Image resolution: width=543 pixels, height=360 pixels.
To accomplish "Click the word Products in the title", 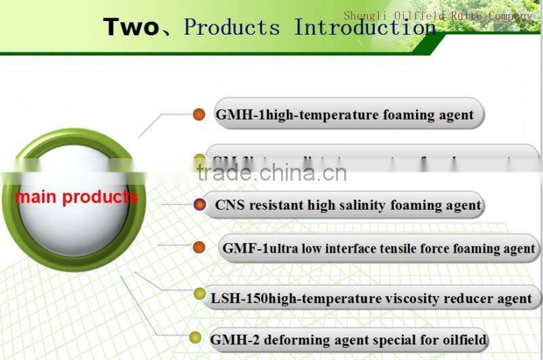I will [x=231, y=27].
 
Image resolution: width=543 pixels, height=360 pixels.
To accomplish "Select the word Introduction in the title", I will [x=364, y=27].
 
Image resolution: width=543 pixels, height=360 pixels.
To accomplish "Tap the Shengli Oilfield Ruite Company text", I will [x=438, y=16].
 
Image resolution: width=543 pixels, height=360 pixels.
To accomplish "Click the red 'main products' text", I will [x=76, y=197].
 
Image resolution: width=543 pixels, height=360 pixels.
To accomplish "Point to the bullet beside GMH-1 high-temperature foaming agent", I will [x=199, y=115].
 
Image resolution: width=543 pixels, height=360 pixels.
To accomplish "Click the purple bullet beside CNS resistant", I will [x=199, y=204].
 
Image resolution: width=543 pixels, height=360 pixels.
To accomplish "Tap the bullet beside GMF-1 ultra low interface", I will [x=199, y=247].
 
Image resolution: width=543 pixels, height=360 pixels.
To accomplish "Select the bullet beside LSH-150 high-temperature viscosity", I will [x=199, y=293].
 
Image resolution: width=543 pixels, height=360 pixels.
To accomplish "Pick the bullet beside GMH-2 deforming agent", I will [x=195, y=338].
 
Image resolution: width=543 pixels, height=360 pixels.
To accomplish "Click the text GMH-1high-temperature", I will [x=288, y=115].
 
